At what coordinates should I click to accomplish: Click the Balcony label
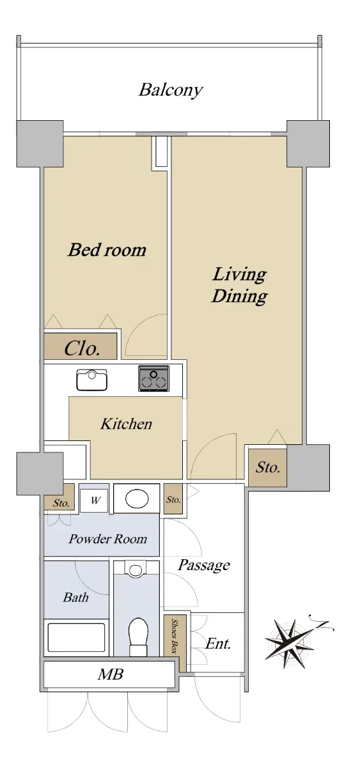[x=170, y=90]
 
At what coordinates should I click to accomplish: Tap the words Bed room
[x=107, y=250]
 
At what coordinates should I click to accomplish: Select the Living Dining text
[x=239, y=285]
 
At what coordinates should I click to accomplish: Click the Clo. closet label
[x=82, y=348]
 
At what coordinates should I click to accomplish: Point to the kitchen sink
[x=92, y=380]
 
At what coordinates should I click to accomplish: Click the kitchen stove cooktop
[x=154, y=378]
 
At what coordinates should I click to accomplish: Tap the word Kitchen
[x=126, y=424]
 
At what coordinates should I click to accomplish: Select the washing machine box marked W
[x=94, y=500]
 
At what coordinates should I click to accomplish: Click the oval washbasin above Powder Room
[x=137, y=499]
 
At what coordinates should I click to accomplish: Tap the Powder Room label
[x=108, y=539]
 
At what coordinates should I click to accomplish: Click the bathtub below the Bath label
[x=76, y=638]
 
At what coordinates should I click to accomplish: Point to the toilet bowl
[x=138, y=637]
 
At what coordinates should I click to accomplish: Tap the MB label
[x=110, y=674]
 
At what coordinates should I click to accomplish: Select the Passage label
[x=204, y=565]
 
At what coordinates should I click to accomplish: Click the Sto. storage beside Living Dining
[x=267, y=468]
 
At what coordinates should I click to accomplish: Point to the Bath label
[x=75, y=598]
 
